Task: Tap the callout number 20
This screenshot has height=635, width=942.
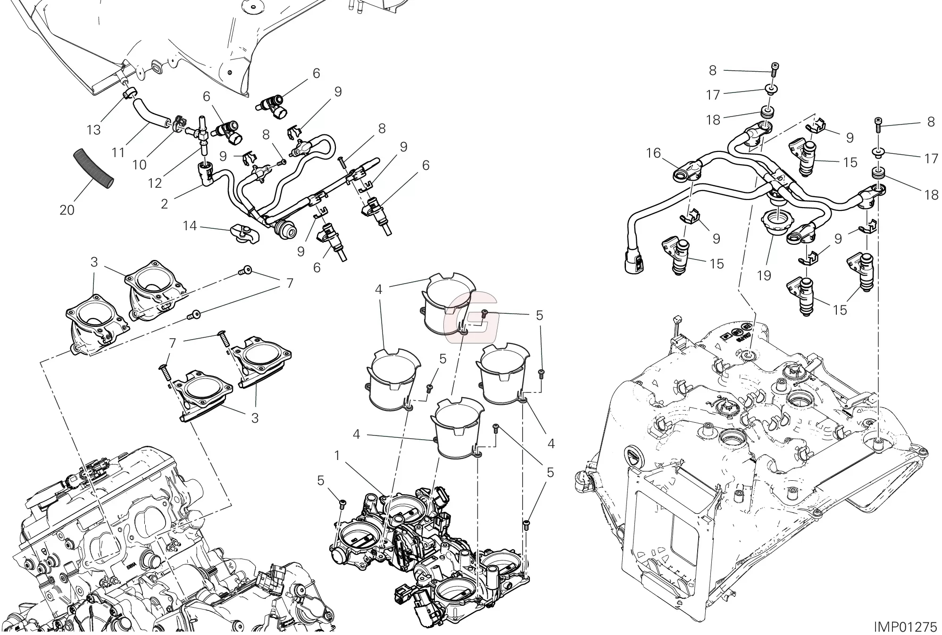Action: tap(67, 209)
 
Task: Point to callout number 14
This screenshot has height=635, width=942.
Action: tap(190, 226)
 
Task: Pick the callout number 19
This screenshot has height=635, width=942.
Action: tap(764, 276)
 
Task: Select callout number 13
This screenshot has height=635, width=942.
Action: tap(94, 129)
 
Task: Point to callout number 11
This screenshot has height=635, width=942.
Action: tap(118, 152)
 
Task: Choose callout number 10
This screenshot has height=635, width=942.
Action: tap(140, 165)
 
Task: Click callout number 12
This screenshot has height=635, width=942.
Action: tap(155, 183)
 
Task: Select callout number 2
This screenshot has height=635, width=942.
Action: tap(164, 204)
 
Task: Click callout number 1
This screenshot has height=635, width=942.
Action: tap(337, 456)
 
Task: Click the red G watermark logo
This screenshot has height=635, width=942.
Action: tap(471, 316)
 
